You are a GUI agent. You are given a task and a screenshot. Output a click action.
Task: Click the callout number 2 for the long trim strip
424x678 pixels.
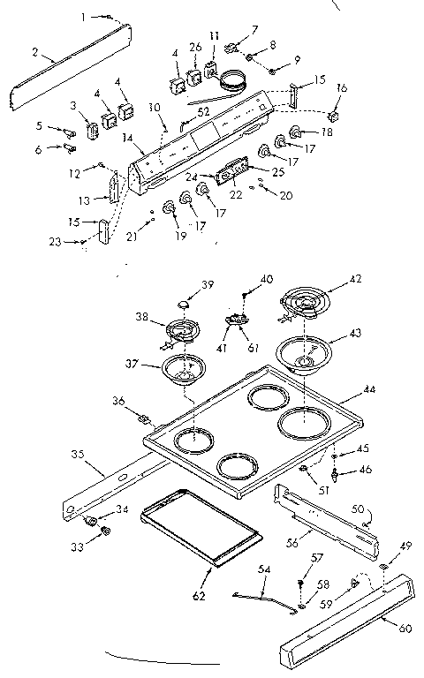point(34,53)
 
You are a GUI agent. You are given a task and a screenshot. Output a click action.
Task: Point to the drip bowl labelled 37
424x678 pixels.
point(187,369)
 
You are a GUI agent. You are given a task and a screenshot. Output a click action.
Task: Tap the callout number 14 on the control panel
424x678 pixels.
point(128,139)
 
